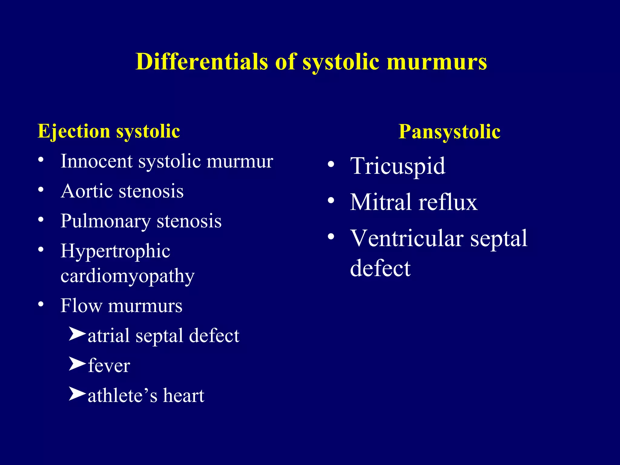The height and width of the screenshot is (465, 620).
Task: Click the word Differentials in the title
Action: [202, 62]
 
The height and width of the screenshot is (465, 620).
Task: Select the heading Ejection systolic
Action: [109, 131]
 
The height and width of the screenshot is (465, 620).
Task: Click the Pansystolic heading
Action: [449, 132]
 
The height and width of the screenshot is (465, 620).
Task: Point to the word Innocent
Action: [96, 161]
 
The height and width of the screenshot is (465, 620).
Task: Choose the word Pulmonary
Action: [105, 221]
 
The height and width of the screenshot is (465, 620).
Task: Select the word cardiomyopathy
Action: [127, 276]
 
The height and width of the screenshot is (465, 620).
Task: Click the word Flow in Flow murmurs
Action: [81, 305]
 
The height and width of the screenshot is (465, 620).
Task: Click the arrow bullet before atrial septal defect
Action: [77, 334]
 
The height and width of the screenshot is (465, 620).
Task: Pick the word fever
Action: [109, 365]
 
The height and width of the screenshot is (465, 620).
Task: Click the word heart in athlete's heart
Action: [183, 395]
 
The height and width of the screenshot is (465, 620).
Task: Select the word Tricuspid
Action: [397, 166]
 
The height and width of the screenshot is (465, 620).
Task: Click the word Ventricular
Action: [407, 238]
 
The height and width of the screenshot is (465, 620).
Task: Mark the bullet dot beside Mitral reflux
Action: [331, 200]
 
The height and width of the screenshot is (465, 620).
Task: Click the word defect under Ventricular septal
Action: [380, 268]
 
